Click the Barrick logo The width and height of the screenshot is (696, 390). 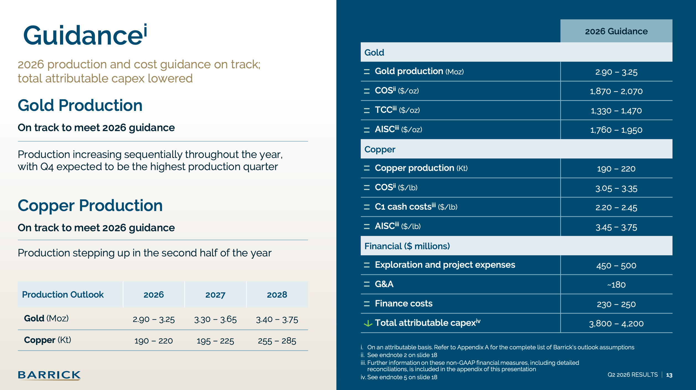49,375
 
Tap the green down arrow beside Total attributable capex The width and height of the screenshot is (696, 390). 368,323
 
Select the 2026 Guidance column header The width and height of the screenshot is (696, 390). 616,31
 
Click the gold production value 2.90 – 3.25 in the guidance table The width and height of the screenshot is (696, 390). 616,72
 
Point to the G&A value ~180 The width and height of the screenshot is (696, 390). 616,285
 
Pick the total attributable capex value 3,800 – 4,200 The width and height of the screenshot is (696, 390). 616,323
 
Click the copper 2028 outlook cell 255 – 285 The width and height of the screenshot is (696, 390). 277,341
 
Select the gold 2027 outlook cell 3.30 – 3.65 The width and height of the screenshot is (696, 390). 215,319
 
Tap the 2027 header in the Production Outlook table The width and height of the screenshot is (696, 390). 215,295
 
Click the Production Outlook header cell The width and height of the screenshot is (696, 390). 63,295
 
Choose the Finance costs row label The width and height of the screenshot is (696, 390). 404,303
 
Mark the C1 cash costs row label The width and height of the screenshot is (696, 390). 416,207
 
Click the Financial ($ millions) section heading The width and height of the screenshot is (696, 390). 407,246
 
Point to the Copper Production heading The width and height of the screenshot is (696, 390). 90,206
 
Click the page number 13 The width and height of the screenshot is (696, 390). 669,375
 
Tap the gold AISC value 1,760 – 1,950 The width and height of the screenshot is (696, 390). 616,130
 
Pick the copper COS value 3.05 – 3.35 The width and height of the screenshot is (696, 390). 616,189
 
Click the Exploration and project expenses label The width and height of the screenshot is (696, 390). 445,265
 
